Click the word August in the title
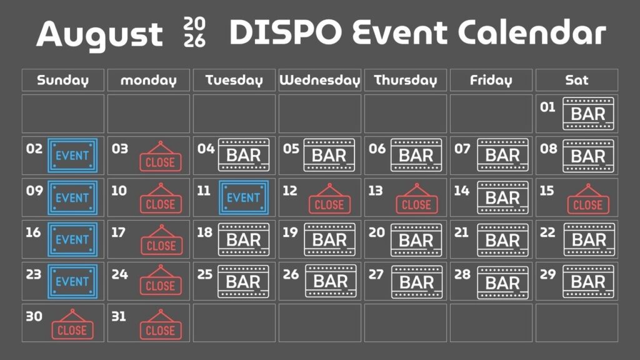pyautogui.click(x=99, y=35)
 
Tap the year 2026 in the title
pyautogui.click(x=195, y=32)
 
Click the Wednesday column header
pyautogui.click(x=319, y=80)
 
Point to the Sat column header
pyautogui.click(x=577, y=80)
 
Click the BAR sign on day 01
pyautogui.click(x=588, y=114)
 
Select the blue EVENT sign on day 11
pyautogui.click(x=244, y=197)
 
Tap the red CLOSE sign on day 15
pyautogui.click(x=588, y=199)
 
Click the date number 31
pyautogui.click(x=119, y=316)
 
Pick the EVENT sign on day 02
pyautogui.click(x=72, y=155)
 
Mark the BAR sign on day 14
pyautogui.click(x=502, y=198)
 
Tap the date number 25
pyautogui.click(x=204, y=274)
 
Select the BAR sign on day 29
pyautogui.click(x=588, y=282)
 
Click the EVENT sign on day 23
pyautogui.click(x=72, y=281)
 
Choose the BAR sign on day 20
pyautogui.click(x=416, y=240)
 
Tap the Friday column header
pyautogui.click(x=491, y=80)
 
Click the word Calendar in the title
pyautogui.click(x=532, y=32)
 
